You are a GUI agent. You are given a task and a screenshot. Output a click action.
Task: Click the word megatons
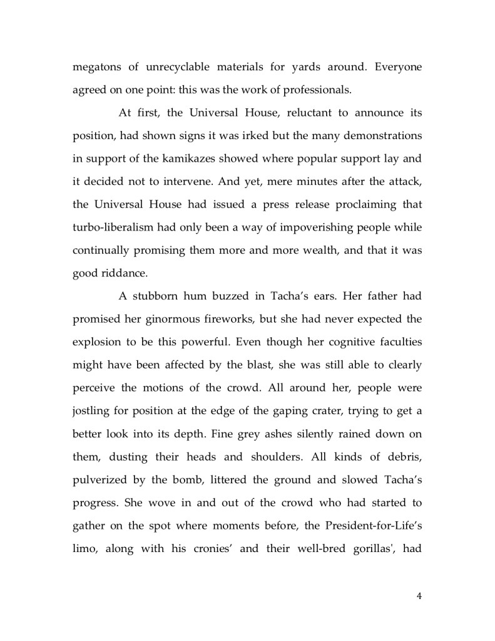pyautogui.click(x=96, y=68)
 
